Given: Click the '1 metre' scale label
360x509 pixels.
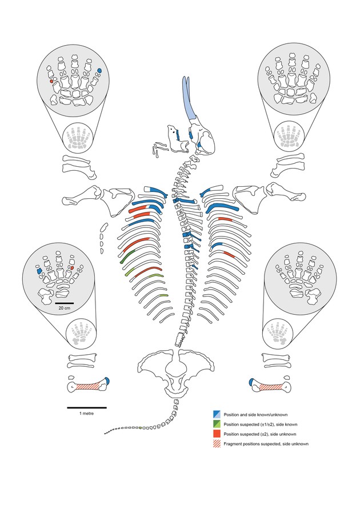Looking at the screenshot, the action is [x=86, y=414].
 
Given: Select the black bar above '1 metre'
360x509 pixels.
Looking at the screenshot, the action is [x=87, y=407].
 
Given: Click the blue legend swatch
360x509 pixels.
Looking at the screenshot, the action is [x=217, y=415].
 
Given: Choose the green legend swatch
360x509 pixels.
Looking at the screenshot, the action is [x=217, y=424].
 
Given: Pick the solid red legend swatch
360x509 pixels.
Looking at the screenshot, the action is [x=217, y=434].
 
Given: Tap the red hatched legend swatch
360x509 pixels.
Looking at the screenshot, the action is [x=217, y=444].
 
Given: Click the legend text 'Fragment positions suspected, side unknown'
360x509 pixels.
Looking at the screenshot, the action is [x=266, y=444].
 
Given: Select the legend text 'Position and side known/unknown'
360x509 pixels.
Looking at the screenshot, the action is [x=255, y=415].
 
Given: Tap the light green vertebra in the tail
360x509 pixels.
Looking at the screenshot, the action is [x=140, y=428].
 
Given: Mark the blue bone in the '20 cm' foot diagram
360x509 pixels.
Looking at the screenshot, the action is [x=39, y=270].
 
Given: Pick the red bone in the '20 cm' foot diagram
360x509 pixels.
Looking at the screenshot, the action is [x=72, y=268].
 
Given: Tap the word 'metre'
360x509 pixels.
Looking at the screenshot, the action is [x=89, y=414].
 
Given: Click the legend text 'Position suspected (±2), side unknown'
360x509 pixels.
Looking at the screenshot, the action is [x=259, y=434].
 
